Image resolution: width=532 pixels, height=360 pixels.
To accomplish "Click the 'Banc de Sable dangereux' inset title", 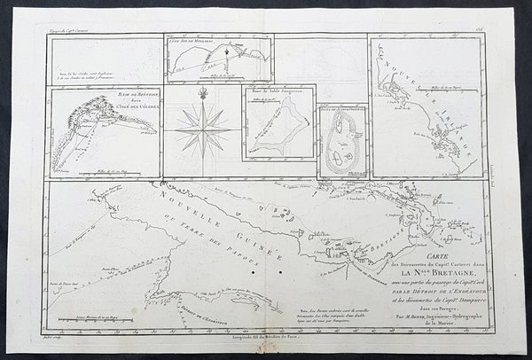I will coord(279,92).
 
